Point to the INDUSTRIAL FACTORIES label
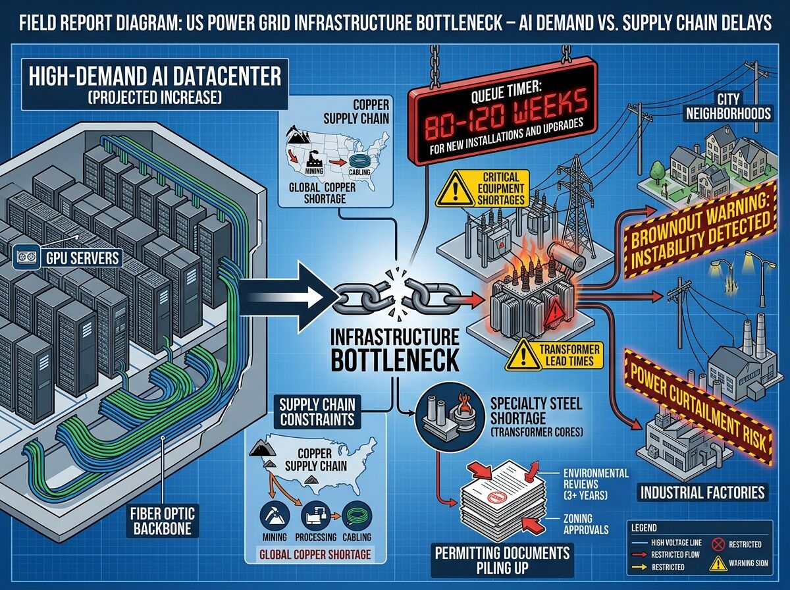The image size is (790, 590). (702, 491)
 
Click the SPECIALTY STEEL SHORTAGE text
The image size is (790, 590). (537, 412)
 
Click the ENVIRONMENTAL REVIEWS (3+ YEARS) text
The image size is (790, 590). (596, 483)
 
